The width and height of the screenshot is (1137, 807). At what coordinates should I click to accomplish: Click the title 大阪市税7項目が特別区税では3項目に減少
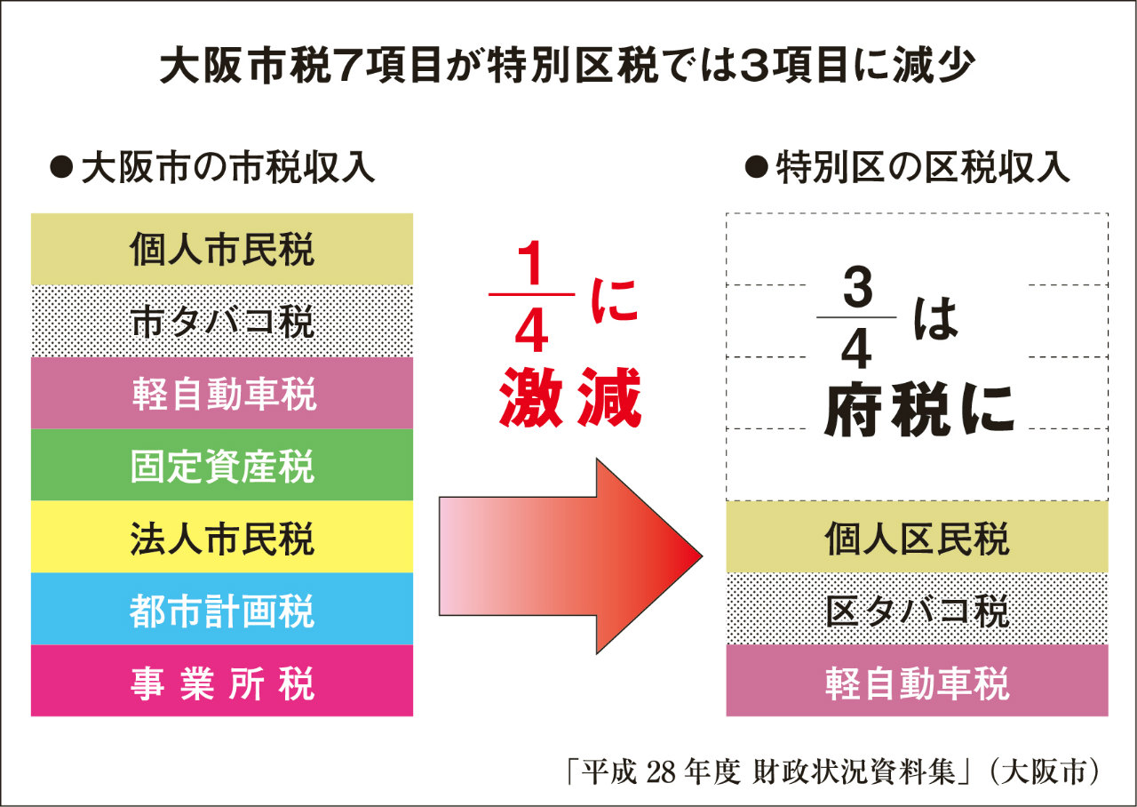[x=568, y=66]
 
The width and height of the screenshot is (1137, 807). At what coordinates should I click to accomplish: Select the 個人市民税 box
[x=222, y=249]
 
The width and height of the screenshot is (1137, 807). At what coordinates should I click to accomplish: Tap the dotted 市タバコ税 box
[x=222, y=321]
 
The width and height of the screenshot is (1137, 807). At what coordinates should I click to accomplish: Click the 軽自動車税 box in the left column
[x=222, y=393]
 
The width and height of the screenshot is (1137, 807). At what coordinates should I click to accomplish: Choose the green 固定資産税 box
[x=222, y=465]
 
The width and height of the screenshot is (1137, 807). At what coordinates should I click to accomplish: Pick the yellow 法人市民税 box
[x=222, y=537]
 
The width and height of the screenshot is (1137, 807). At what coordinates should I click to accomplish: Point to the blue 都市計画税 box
[x=222, y=609]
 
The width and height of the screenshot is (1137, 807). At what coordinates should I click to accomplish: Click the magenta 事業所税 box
[x=222, y=681]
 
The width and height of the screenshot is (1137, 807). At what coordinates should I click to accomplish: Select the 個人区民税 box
[x=917, y=537]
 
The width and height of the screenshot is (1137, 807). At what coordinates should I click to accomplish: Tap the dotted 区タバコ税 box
[x=917, y=609]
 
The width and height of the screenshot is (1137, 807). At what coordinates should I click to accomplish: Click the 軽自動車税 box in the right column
[x=917, y=681]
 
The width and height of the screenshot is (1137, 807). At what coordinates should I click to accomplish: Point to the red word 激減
[x=569, y=399]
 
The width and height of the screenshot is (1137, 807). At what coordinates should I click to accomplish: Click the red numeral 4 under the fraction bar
[x=530, y=332]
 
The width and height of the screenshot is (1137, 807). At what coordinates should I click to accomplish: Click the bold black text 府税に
[x=918, y=412]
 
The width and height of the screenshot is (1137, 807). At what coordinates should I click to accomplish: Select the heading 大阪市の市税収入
[x=213, y=168]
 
